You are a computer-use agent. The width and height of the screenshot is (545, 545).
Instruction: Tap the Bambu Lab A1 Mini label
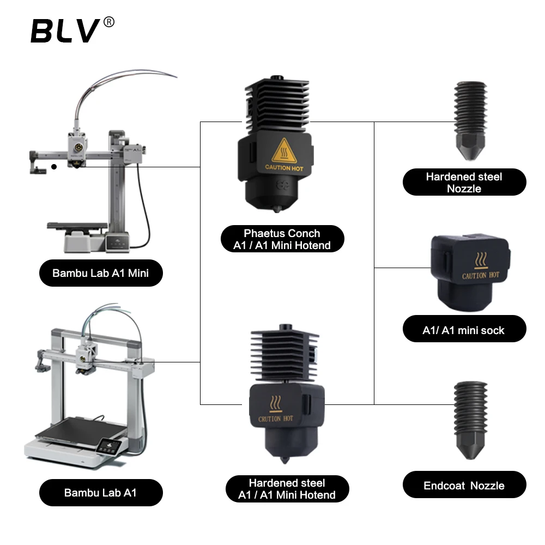[101, 273]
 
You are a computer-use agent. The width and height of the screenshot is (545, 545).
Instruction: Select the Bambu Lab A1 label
[101, 493]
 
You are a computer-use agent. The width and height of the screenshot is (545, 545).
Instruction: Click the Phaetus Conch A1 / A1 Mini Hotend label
[282, 239]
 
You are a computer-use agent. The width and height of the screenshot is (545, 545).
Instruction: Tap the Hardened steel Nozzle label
[464, 182]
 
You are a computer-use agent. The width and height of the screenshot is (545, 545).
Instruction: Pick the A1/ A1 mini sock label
[464, 330]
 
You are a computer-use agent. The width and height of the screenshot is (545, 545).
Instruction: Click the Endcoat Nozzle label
[464, 485]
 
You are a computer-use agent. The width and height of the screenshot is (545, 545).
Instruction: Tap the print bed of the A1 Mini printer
[76, 225]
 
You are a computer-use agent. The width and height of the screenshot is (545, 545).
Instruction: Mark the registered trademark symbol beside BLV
[108, 22]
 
